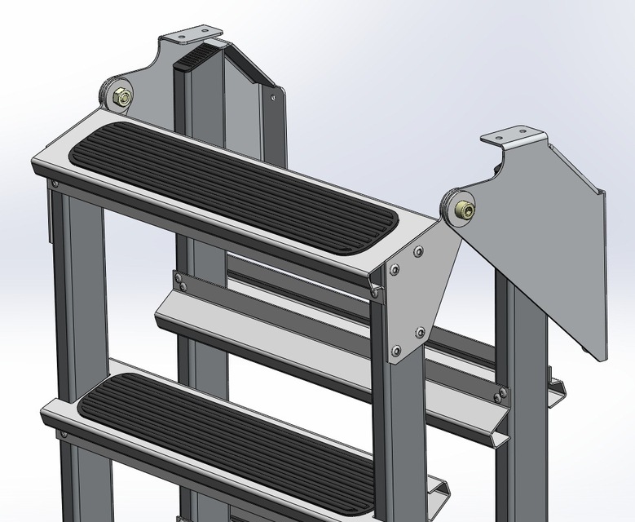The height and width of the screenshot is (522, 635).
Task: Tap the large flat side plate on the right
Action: pos(554,245)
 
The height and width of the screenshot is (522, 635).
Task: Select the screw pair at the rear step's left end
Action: pos(180,281)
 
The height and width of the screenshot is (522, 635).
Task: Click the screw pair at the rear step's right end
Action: pos(498,396)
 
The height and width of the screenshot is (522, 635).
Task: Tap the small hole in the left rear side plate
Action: pos(273,95)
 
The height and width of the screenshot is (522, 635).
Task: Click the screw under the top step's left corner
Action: pos(55,184)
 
